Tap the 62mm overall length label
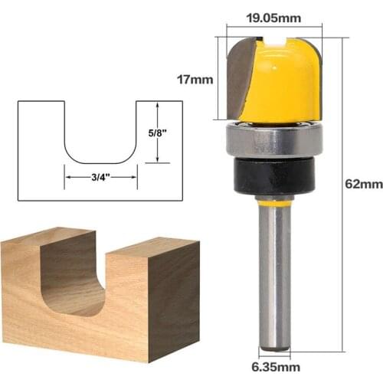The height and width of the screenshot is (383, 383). click(360, 183)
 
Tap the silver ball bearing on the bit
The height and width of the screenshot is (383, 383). click(273, 141)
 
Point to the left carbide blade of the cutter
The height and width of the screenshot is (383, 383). click(239, 84)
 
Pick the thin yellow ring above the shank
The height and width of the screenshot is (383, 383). click(273, 202)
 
